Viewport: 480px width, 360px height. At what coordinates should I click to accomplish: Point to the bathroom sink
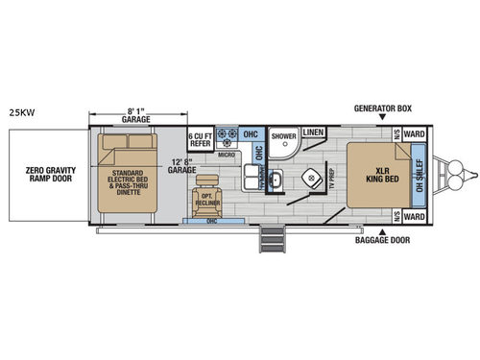[x=275, y=179]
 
